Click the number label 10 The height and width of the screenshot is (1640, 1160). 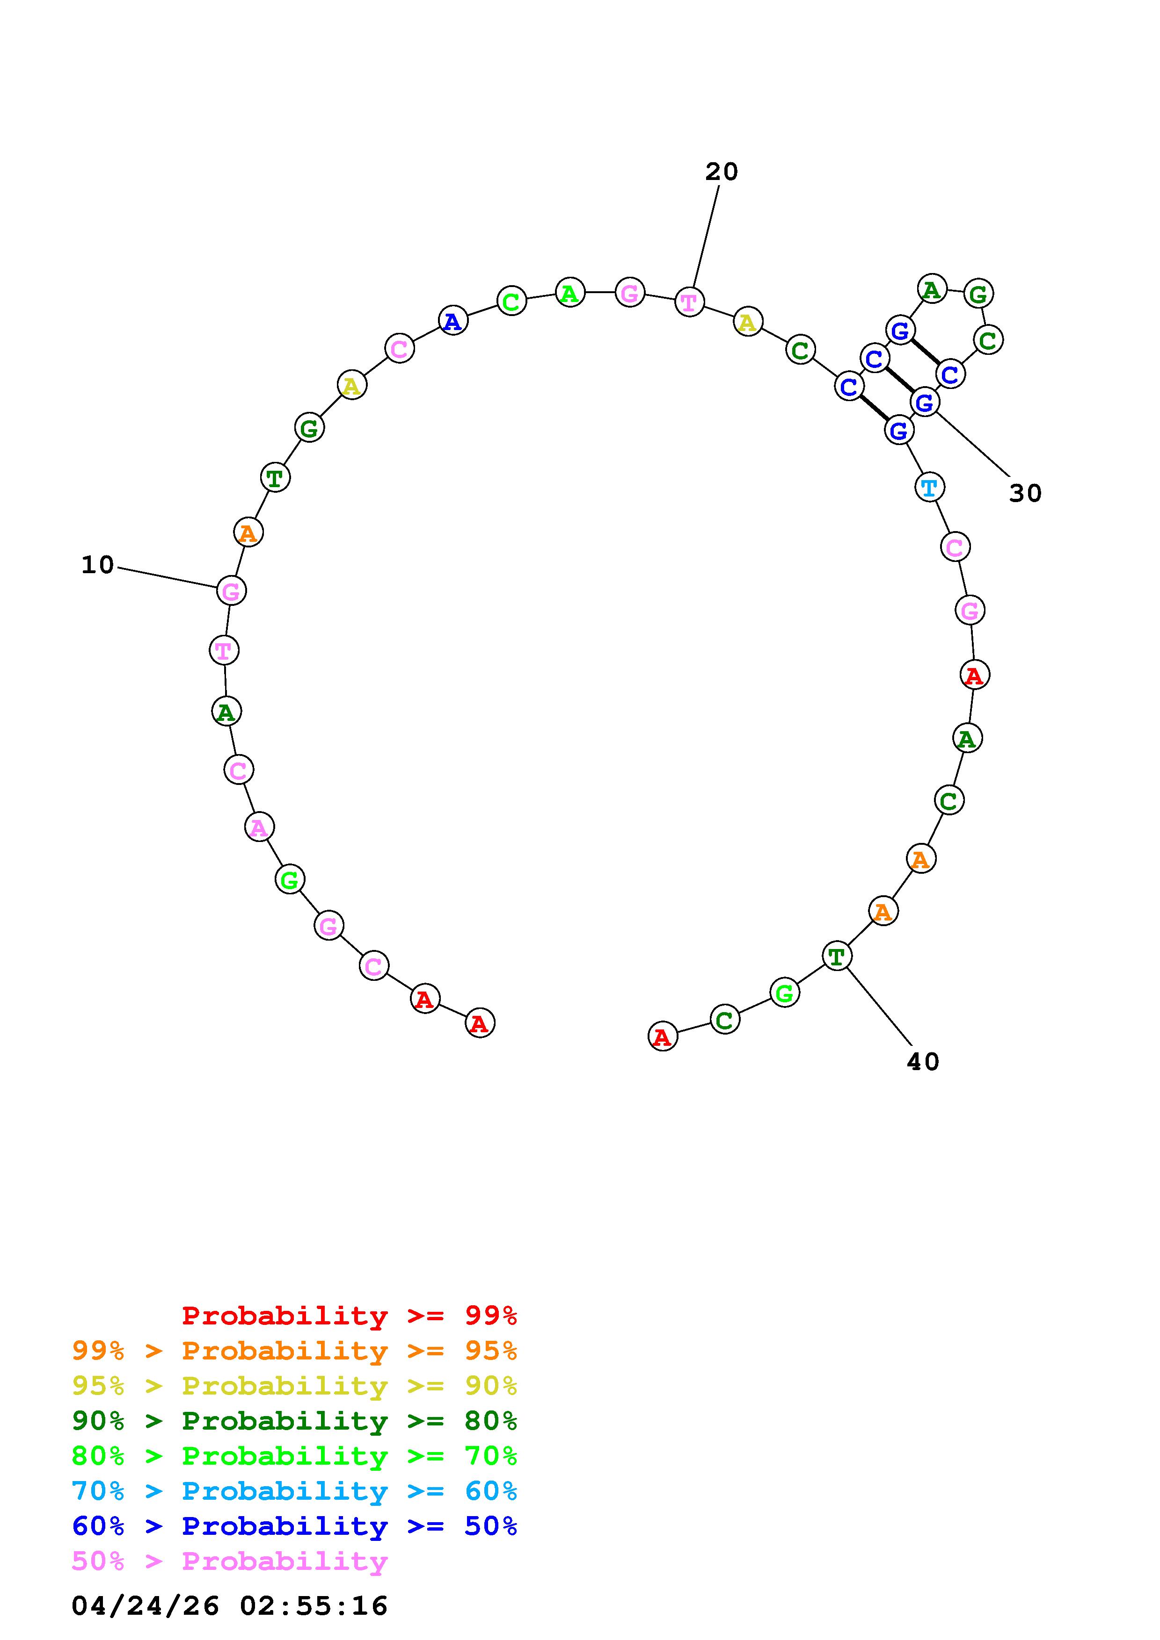click(98, 565)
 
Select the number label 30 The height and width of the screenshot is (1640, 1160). click(1026, 493)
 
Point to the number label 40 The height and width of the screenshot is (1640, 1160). click(923, 1062)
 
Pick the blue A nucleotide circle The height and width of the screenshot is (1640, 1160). click(452, 322)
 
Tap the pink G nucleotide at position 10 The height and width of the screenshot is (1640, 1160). click(231, 591)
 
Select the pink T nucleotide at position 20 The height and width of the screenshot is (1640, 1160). click(689, 302)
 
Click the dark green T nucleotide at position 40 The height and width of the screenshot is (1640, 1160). click(837, 955)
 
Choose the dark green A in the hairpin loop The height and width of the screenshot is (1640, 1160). click(931, 289)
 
